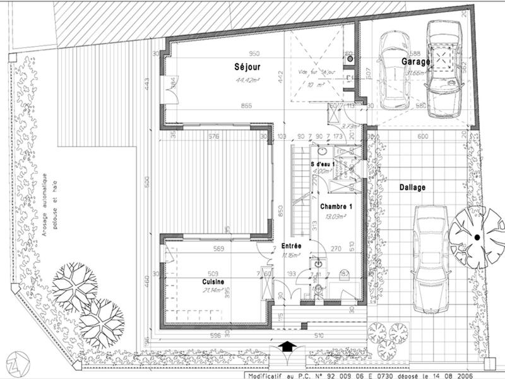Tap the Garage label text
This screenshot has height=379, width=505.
(x=415, y=61)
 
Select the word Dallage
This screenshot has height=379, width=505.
(x=412, y=188)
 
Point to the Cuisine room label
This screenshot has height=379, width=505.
(x=213, y=282)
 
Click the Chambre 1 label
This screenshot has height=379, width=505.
(x=336, y=207)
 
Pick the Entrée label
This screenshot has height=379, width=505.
(x=291, y=246)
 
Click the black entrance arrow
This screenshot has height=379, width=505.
(x=287, y=346)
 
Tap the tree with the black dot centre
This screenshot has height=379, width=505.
(x=477, y=236)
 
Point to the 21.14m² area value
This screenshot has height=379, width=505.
(x=213, y=291)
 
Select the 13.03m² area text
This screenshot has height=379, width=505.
(x=335, y=217)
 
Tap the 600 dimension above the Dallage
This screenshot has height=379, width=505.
(x=423, y=136)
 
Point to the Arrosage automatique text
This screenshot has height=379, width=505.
(x=45, y=202)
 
